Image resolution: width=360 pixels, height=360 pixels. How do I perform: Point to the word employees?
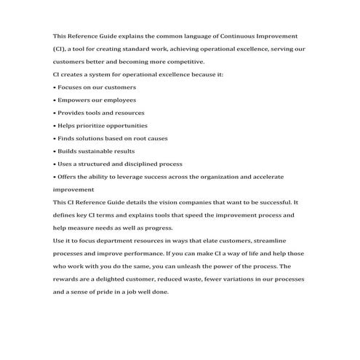119,100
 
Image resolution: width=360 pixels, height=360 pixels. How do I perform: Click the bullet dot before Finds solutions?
55,138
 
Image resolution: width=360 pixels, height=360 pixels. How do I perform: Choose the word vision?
176,202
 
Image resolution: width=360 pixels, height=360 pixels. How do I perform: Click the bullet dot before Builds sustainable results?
55,151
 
